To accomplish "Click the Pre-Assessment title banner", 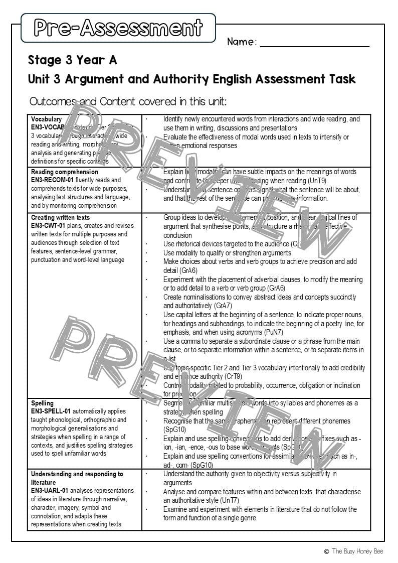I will [118, 28].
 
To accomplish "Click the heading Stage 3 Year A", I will [72, 60].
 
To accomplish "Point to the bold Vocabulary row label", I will [46, 119].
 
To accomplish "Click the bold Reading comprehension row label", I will [65, 172].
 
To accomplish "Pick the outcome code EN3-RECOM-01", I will [53, 180].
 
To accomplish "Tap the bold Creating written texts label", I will [61, 218].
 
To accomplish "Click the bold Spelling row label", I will [42, 403].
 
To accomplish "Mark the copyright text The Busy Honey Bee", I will [356, 551].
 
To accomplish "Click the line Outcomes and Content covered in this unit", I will [128, 101].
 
